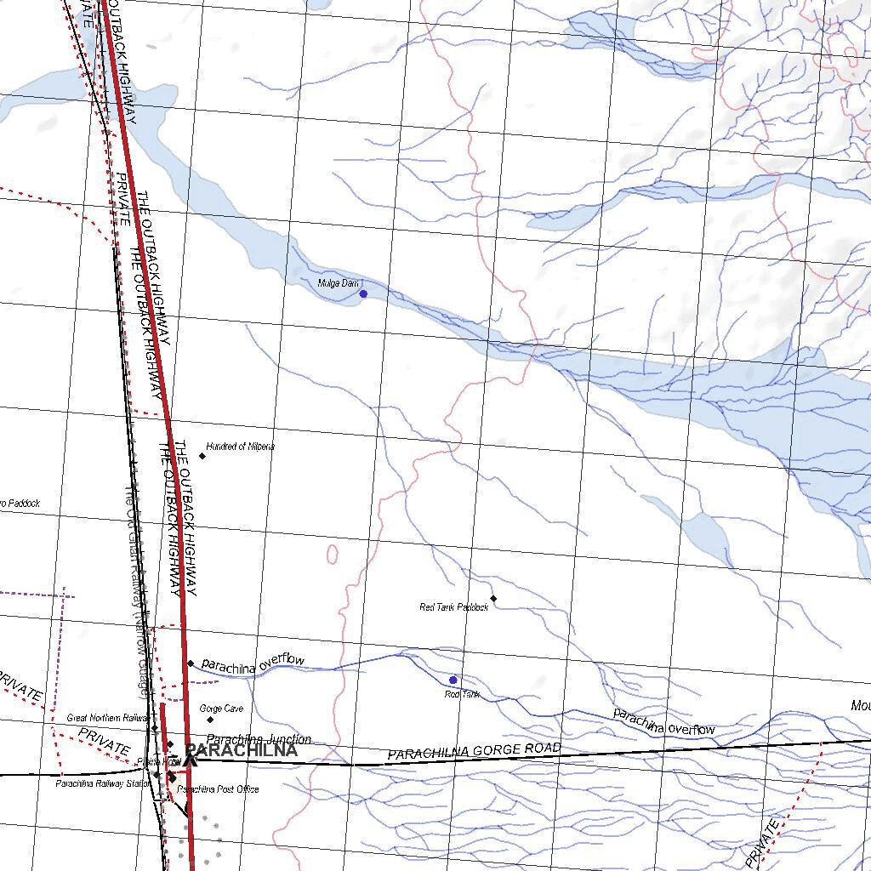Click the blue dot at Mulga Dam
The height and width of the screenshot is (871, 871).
(x=363, y=293)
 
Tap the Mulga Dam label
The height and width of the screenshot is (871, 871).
(x=338, y=283)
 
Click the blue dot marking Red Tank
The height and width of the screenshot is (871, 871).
(x=453, y=680)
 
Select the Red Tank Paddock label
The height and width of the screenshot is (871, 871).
(x=454, y=607)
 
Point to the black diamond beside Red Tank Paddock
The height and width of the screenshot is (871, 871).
(x=493, y=599)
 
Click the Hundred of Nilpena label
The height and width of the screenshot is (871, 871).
(x=241, y=447)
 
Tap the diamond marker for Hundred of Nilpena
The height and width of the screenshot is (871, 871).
(x=202, y=456)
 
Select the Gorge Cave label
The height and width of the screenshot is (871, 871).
(x=221, y=709)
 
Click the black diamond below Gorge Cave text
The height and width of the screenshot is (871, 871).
(x=210, y=720)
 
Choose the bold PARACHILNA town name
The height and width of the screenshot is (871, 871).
(x=242, y=751)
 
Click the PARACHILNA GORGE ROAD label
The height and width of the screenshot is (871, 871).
(x=475, y=752)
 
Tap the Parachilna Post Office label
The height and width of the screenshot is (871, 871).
(x=219, y=789)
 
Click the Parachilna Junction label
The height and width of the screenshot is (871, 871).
(x=259, y=739)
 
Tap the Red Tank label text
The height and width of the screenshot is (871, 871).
(x=462, y=695)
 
